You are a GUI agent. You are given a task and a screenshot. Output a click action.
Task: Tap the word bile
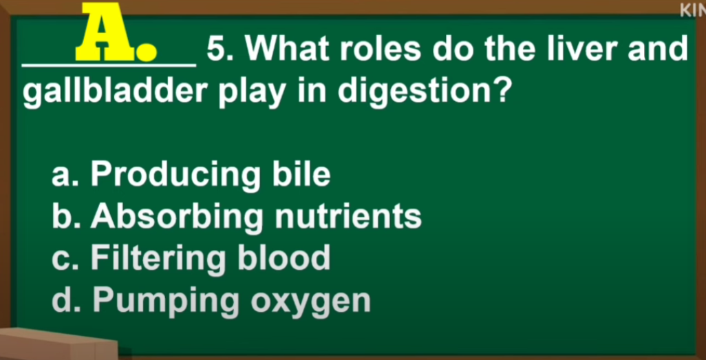point(301,174)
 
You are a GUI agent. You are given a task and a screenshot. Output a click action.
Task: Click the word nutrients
point(348,217)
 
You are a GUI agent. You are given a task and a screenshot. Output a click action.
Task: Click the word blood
point(284,257)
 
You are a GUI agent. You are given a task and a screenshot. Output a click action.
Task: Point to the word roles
point(381,49)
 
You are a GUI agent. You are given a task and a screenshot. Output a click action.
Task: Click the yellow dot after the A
point(147,52)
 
